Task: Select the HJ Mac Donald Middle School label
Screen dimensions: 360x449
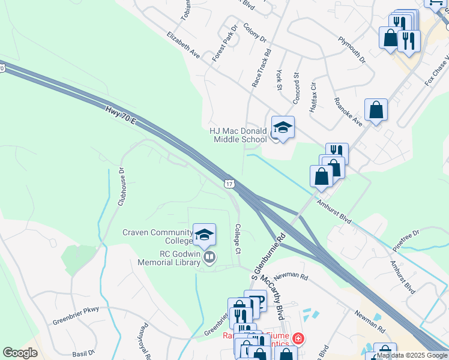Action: (x=238, y=136)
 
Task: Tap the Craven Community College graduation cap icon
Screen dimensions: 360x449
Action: (x=204, y=233)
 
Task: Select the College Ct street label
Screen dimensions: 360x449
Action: (x=238, y=239)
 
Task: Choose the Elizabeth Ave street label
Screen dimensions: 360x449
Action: (x=184, y=44)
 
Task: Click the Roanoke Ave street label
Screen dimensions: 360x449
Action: (x=348, y=112)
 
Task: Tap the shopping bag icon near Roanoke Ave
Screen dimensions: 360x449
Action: (x=376, y=110)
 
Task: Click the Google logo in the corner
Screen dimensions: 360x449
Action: (x=20, y=353)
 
